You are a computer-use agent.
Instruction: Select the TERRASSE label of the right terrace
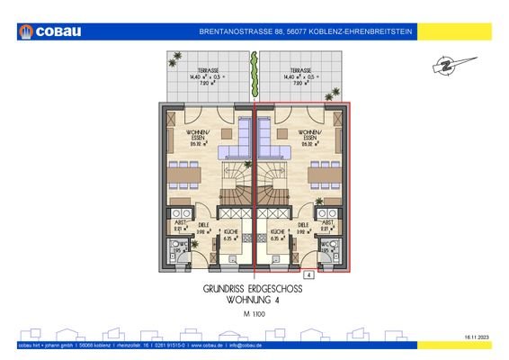(x=300, y=70)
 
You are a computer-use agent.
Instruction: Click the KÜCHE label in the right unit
(x=278, y=232)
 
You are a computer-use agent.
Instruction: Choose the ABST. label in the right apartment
(x=327, y=221)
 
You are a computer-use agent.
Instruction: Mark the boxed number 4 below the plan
(x=308, y=274)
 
